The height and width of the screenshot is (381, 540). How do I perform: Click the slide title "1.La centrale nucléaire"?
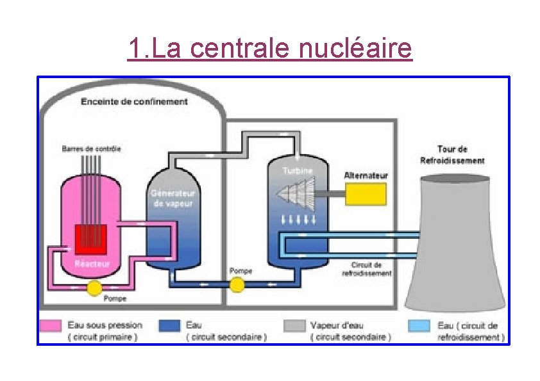click(x=269, y=49)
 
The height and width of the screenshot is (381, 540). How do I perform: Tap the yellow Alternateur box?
click(x=366, y=193)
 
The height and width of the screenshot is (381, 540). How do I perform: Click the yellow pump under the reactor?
click(x=94, y=289)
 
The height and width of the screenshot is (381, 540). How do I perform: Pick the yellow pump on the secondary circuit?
click(x=237, y=284)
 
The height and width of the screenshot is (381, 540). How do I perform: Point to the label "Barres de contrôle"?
click(x=91, y=149)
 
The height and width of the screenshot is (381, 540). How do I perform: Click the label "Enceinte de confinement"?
click(x=134, y=102)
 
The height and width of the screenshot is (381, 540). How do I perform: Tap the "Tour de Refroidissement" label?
click(x=452, y=155)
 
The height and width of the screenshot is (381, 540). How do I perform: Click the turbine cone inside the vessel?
click(x=296, y=191)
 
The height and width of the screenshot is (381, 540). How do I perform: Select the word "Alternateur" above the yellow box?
click(x=366, y=175)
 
